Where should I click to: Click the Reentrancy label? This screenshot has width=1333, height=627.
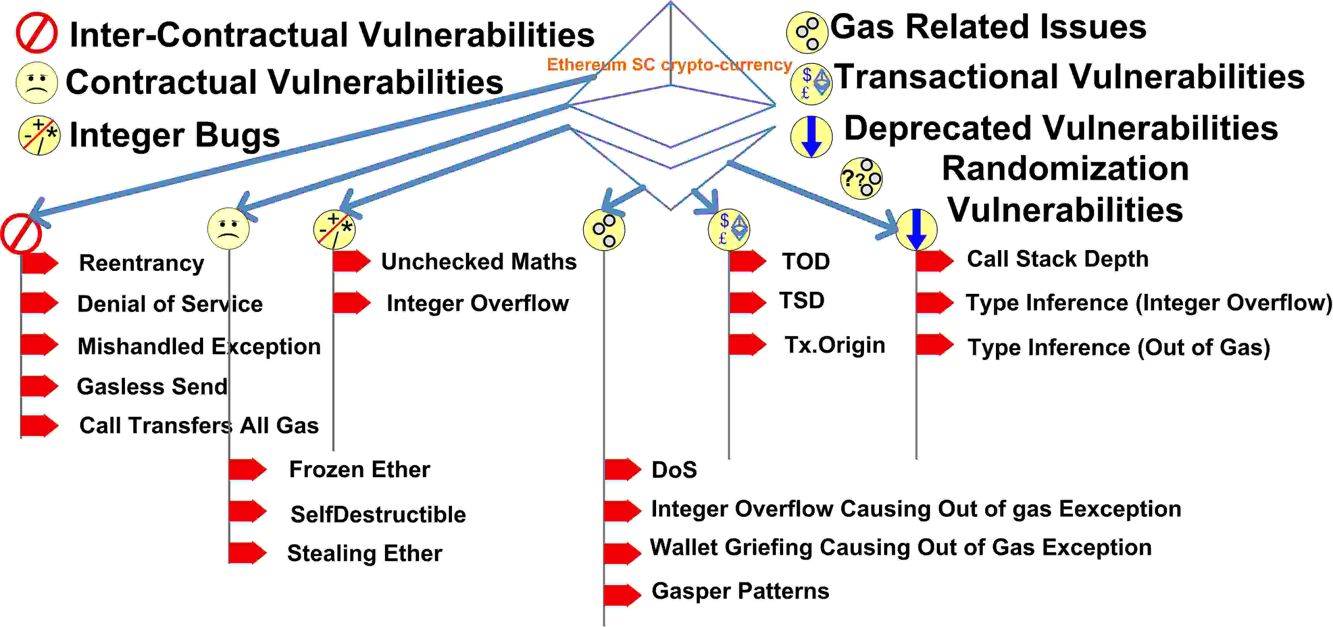[141, 263]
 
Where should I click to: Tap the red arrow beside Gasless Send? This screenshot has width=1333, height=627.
[40, 386]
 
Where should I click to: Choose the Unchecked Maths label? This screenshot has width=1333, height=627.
[479, 262]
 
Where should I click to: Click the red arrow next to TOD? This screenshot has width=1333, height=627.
[748, 261]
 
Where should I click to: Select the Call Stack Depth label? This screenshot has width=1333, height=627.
[1058, 259]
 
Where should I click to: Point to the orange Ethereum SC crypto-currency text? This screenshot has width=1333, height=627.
[670, 65]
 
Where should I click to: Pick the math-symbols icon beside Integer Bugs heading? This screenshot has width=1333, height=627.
[39, 136]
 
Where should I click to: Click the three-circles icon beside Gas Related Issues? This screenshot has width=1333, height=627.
[807, 33]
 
